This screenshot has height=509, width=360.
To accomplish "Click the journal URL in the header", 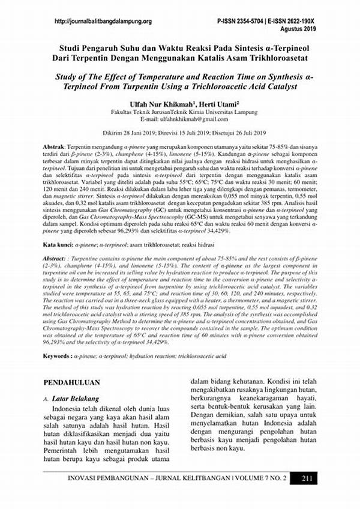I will tap(103, 22).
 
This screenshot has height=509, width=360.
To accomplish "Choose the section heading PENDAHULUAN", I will tap(73, 382).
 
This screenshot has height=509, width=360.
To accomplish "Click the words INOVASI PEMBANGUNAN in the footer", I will tap(103, 478).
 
